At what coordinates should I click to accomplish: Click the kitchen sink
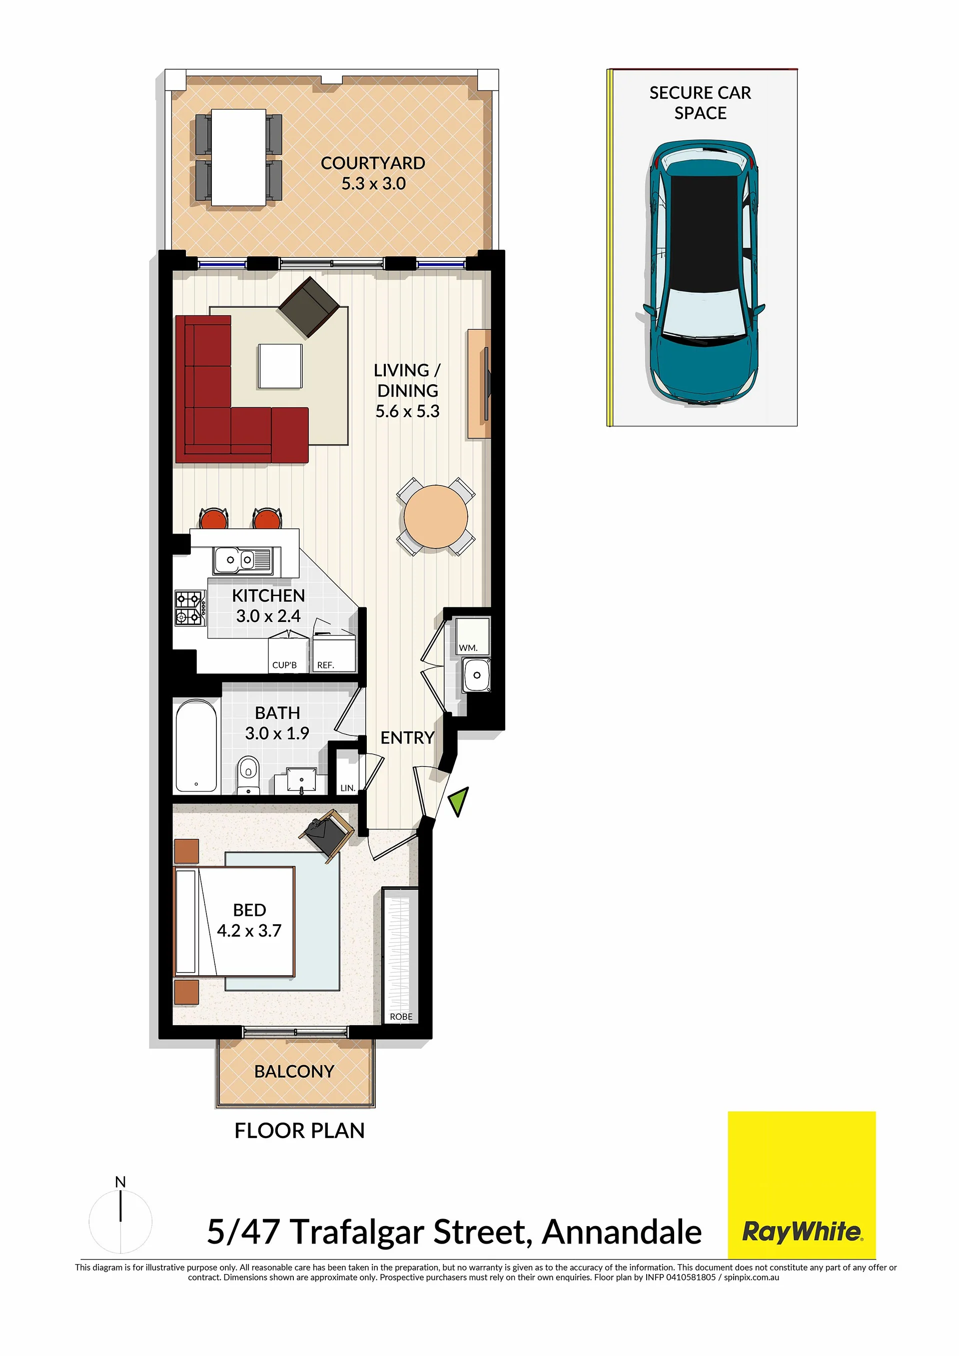[x=242, y=559]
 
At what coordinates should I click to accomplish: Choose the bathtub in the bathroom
[x=198, y=746]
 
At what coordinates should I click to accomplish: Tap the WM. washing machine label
[x=468, y=648]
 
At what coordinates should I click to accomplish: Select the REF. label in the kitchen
[x=325, y=665]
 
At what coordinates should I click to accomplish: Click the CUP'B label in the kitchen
[x=284, y=665]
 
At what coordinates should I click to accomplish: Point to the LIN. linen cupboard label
[x=348, y=788]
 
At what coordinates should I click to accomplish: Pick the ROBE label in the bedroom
[x=401, y=1016]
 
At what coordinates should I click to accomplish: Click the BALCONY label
[x=294, y=1071]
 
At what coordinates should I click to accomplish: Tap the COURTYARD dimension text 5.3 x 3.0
[x=373, y=184]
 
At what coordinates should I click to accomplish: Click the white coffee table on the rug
[x=280, y=366]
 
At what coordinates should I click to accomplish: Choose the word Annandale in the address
[x=622, y=1232]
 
